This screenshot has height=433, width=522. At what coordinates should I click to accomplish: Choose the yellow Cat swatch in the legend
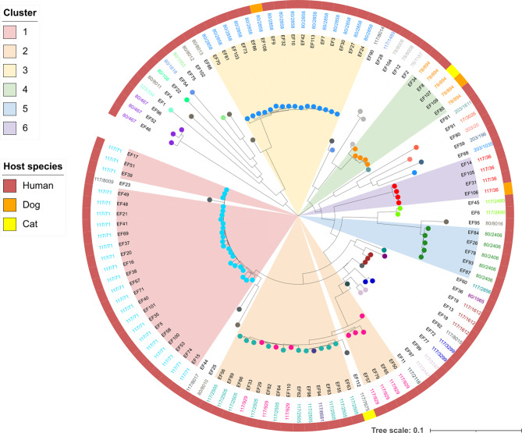point(16,225)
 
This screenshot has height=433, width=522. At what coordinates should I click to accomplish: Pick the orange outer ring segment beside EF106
point(508,189)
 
